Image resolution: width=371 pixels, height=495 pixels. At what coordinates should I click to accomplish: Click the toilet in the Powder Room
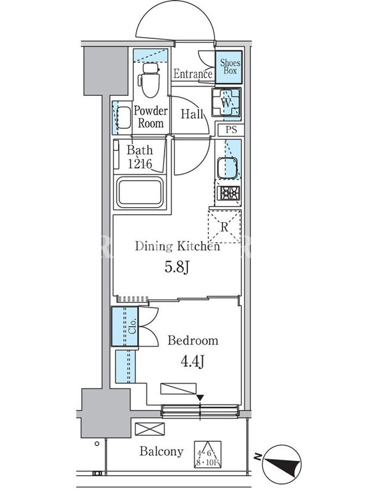click(150, 80)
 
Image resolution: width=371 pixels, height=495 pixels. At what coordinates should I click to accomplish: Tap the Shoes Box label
click(230, 67)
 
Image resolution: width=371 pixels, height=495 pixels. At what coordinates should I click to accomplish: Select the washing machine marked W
click(226, 103)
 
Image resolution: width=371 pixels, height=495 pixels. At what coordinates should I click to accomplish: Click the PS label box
click(231, 129)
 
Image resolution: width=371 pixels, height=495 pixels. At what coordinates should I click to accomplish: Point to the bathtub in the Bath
click(140, 192)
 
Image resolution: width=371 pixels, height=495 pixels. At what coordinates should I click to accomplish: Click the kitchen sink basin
click(227, 168)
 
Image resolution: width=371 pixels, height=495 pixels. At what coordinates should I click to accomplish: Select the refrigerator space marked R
click(224, 226)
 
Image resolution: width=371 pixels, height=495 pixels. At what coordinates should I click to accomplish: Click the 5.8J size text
click(177, 267)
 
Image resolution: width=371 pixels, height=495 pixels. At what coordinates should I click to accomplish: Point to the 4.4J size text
click(192, 361)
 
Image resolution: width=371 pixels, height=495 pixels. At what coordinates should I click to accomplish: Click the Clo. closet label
click(132, 326)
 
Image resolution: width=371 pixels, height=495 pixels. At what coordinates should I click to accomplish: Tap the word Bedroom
click(193, 340)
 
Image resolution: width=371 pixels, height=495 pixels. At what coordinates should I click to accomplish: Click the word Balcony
click(161, 452)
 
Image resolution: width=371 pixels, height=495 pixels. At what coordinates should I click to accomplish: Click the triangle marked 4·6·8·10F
click(208, 454)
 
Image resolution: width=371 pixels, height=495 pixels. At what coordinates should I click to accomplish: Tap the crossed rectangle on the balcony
click(150, 429)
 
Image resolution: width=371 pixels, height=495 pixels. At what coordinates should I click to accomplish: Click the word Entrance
click(193, 74)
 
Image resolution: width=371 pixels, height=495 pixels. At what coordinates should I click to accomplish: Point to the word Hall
click(192, 114)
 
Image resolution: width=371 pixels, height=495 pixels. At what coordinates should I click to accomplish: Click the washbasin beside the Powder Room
click(124, 118)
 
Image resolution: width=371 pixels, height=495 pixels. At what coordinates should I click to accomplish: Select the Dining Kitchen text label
click(177, 246)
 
